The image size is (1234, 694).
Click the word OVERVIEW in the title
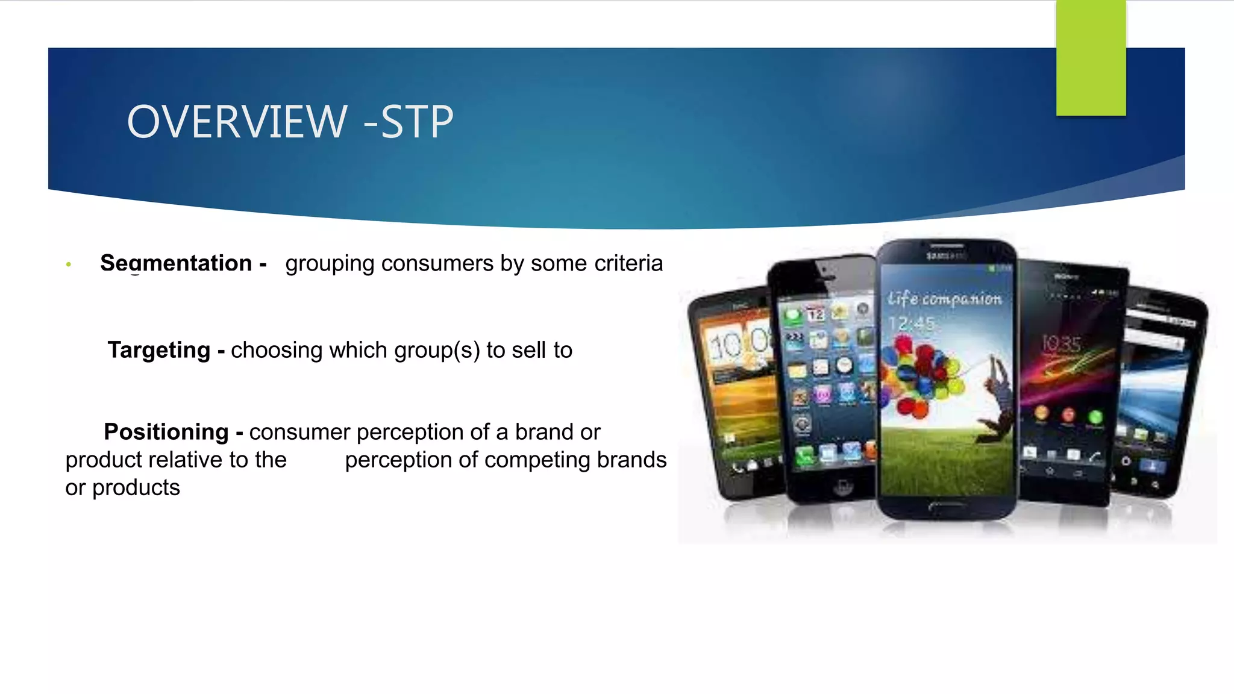click(237, 122)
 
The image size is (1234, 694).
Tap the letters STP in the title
click(417, 122)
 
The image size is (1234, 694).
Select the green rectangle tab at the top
click(1091, 58)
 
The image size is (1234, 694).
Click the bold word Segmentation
click(176, 263)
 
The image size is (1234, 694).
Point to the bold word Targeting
click(159, 350)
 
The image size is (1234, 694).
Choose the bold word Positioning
click(166, 432)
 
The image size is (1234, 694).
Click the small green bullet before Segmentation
click(69, 264)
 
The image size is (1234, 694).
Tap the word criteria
click(628, 263)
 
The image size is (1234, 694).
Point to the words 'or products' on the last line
click(123, 487)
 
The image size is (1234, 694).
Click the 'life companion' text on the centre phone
click(944, 298)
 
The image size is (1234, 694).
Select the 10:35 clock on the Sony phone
click(1062, 344)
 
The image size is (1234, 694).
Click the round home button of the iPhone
click(842, 487)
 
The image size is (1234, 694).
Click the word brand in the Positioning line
click(542, 432)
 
